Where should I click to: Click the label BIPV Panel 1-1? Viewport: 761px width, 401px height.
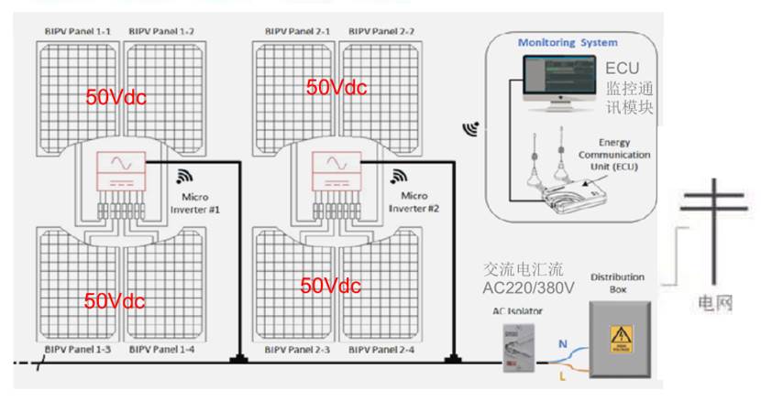tap(78, 32)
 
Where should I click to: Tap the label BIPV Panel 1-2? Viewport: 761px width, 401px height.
tap(162, 32)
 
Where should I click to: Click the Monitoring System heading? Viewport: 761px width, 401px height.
tap(568, 43)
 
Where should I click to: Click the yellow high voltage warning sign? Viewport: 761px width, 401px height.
tap(623, 338)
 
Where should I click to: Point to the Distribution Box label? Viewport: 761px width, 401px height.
tap(616, 282)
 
